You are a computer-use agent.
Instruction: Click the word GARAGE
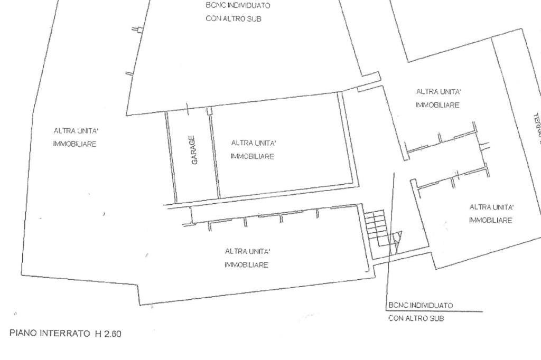coord(194,150)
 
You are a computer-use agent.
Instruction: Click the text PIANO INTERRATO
coord(50,334)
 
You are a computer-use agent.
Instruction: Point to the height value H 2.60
coord(108,334)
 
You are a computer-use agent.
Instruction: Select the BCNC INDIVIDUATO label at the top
coord(238,5)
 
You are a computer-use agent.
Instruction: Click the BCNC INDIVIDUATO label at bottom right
coord(421,306)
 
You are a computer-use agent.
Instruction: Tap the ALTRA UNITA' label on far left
coord(76,130)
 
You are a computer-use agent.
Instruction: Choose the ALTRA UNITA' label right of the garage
coord(254,143)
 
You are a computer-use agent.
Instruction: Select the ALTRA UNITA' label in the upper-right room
coord(439,92)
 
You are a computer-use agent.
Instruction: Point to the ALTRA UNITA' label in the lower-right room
coord(491,207)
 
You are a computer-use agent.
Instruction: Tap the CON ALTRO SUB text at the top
coord(234,18)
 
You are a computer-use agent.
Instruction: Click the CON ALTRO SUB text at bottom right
coord(415,319)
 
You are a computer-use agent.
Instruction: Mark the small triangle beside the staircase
coord(396,239)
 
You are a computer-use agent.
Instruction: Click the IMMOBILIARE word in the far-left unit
coord(74,144)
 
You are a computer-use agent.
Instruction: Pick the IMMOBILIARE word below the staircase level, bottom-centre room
coord(246,265)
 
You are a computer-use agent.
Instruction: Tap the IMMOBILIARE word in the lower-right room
coord(490,221)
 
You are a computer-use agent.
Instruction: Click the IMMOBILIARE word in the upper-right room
coord(437,105)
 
